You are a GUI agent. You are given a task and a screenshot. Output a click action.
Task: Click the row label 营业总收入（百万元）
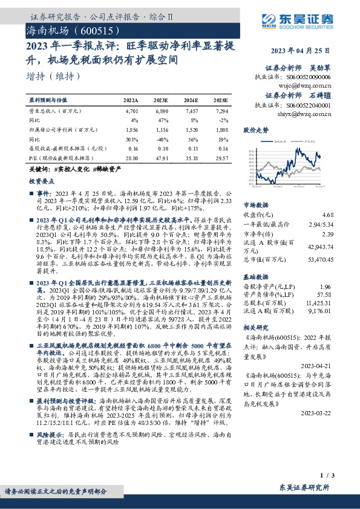pyautogui.click(x=55, y=111)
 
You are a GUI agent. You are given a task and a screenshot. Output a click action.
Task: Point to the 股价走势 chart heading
pyautogui.click(x=255, y=130)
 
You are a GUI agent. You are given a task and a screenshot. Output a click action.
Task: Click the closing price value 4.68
pyautogui.click(x=328, y=215)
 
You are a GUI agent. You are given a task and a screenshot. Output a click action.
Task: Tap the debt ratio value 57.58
pyautogui.click(x=326, y=294)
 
